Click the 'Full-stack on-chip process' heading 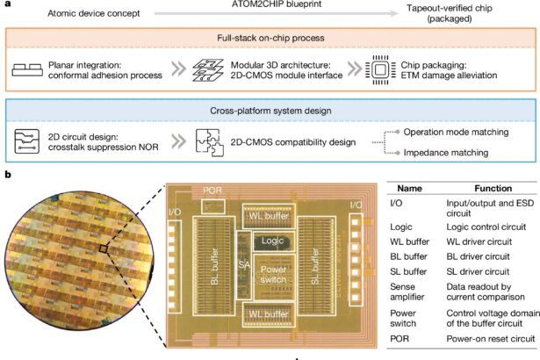270,40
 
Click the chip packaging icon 371,67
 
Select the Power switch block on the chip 270,274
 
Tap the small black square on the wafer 104,251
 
